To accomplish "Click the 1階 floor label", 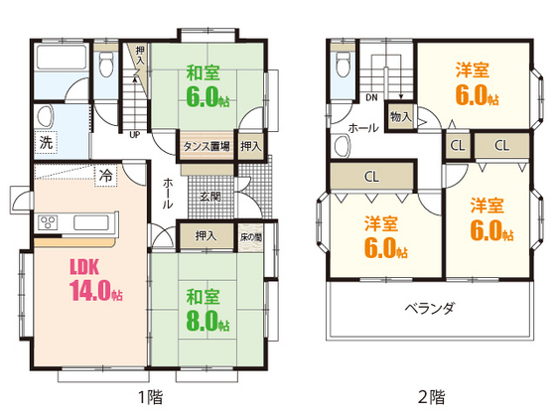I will click(x=149, y=398).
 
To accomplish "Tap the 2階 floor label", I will click(x=431, y=398).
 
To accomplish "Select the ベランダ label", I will click(x=429, y=308).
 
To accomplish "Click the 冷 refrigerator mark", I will click(x=103, y=176).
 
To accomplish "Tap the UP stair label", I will click(x=133, y=135).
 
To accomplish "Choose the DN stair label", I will click(x=371, y=97).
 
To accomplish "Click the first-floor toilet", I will click(x=107, y=65).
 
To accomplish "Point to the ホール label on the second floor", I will click(x=364, y=128).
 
